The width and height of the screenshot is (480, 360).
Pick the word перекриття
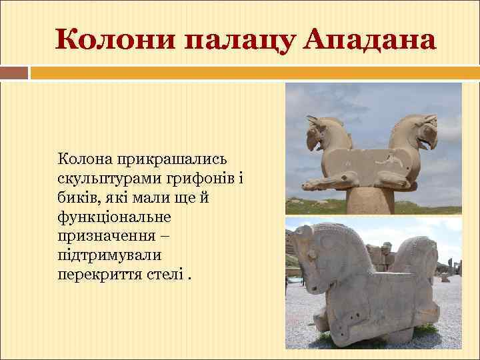[99, 275]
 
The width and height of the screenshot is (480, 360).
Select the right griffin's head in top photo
[425, 128]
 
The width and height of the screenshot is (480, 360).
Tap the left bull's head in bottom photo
[310, 250]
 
